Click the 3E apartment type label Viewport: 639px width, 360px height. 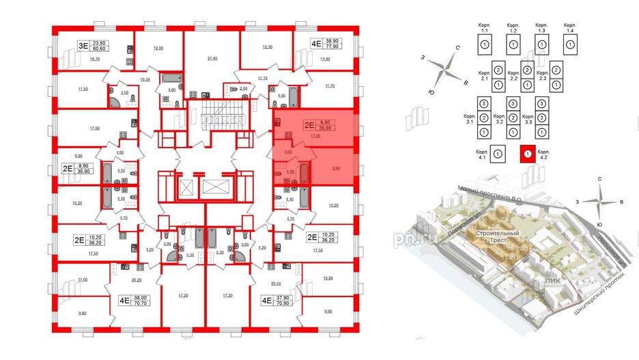(82, 46)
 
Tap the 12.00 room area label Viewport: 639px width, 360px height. (158, 49)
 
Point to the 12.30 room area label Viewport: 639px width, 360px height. (268, 46)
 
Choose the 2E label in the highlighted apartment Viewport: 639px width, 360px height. (309, 124)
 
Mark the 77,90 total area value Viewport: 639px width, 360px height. (335, 46)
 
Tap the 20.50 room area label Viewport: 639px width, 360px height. (276, 283)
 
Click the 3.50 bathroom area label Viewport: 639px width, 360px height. (124, 92)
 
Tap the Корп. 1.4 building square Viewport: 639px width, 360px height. (570, 46)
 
